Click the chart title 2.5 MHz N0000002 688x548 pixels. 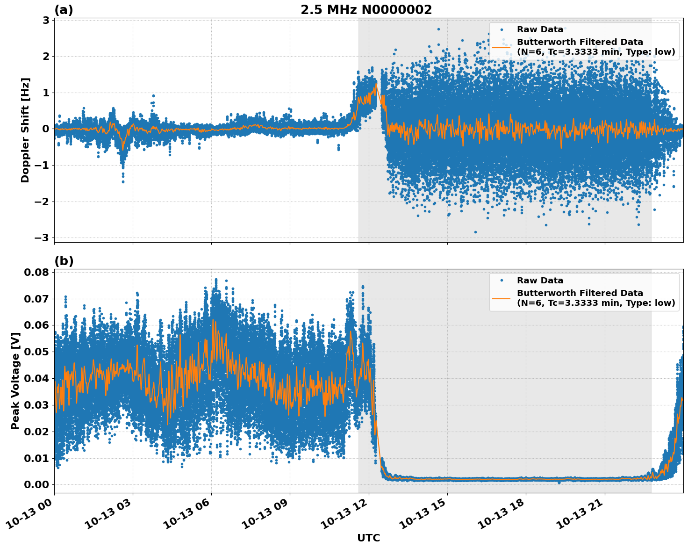point(366,10)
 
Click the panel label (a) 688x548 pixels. point(64,10)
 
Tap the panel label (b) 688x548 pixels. point(64,261)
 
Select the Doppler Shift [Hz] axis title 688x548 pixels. point(25,130)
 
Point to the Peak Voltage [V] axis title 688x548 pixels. point(15,378)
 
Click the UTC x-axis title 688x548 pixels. point(368,538)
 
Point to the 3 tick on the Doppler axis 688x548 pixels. point(46,20)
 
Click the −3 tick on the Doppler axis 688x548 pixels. point(42,238)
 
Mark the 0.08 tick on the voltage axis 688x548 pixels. point(38,272)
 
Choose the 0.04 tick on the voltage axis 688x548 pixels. point(38,378)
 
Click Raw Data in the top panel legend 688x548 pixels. point(540,29)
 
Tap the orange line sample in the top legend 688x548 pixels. point(502,47)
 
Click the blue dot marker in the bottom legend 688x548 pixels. point(502,281)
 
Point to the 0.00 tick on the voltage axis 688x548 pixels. point(38,485)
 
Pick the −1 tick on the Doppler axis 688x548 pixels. point(42,166)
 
